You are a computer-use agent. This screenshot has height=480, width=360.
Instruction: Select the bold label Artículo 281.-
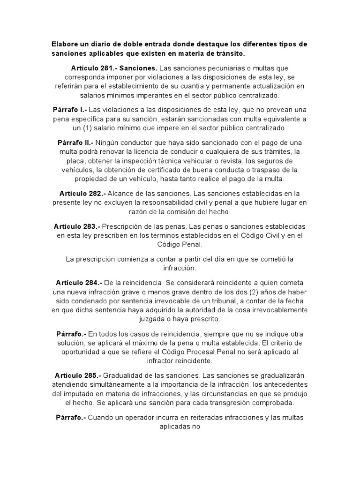point(94,68)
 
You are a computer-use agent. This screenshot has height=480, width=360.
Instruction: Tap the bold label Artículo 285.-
point(78,375)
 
